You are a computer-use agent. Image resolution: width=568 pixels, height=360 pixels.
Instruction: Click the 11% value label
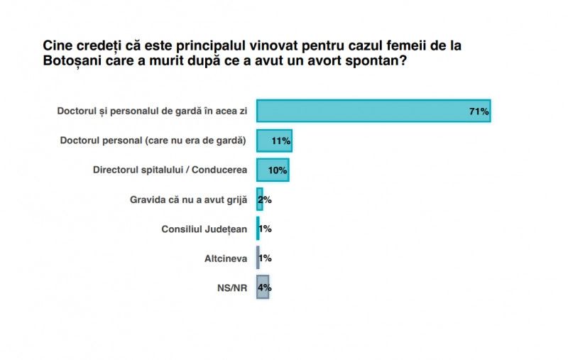click(x=280, y=141)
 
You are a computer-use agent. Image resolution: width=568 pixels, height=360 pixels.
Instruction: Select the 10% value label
click(x=278, y=170)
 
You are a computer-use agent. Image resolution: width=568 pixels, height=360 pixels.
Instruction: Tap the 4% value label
click(x=265, y=288)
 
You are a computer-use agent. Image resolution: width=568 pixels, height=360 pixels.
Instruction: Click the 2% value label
click(x=265, y=200)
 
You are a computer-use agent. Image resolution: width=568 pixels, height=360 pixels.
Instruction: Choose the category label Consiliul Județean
click(x=204, y=229)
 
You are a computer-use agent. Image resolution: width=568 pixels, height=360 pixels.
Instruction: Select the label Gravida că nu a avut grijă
click(x=188, y=200)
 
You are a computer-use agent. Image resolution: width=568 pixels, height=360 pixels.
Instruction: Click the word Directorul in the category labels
click(x=117, y=170)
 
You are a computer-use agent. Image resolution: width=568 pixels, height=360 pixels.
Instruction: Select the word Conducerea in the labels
click(x=217, y=170)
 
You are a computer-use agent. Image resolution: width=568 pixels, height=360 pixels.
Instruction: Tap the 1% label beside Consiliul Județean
click(x=265, y=229)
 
